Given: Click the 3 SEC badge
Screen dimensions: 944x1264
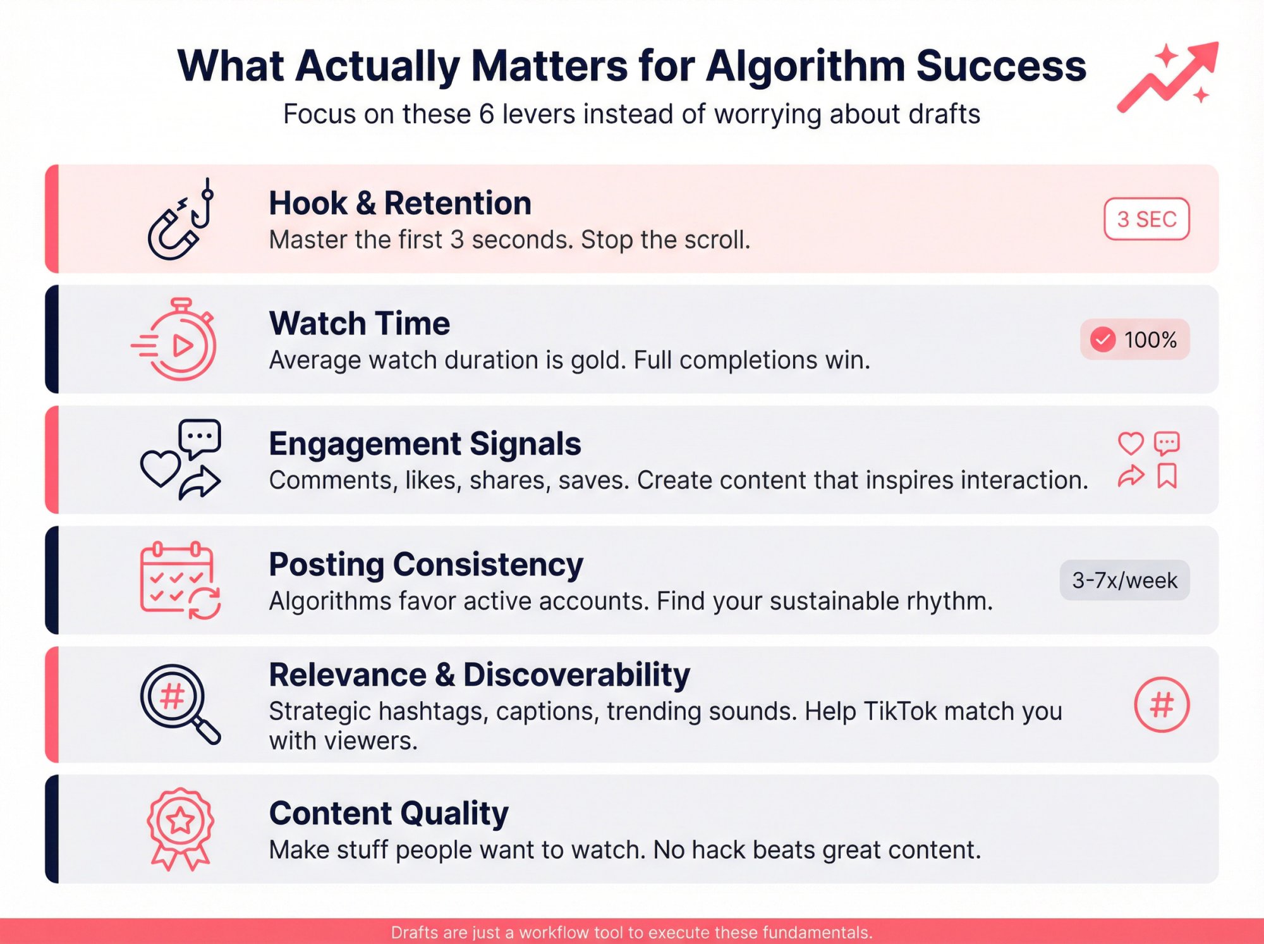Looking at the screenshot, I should click(x=1146, y=219).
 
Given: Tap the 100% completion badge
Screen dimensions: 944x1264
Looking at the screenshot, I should click(x=1135, y=340).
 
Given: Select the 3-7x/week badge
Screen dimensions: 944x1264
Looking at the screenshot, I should click(x=1124, y=580).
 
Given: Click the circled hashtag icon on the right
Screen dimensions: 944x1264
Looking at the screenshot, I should click(x=1161, y=704).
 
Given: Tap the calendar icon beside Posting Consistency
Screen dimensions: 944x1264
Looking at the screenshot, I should click(x=179, y=580).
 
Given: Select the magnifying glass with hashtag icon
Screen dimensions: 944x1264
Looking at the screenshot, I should click(x=179, y=703).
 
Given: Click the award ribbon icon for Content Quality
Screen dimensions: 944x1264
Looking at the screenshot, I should click(x=180, y=828).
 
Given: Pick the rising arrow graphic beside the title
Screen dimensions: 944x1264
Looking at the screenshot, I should click(x=1169, y=76).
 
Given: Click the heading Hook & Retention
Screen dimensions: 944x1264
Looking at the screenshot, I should click(x=399, y=203).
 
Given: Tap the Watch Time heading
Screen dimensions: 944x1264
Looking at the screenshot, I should click(x=359, y=323).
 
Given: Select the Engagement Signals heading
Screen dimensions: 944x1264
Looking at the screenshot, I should click(x=425, y=443).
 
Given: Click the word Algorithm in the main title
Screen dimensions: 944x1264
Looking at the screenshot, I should click(x=805, y=66).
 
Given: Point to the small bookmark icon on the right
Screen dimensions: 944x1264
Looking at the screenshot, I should click(x=1167, y=476).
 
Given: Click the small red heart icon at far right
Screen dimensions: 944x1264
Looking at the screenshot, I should click(x=1131, y=443).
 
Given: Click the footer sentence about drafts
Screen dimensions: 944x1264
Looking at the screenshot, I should click(x=631, y=932).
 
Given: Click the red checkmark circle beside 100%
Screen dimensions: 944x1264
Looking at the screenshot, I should click(x=1103, y=340).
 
